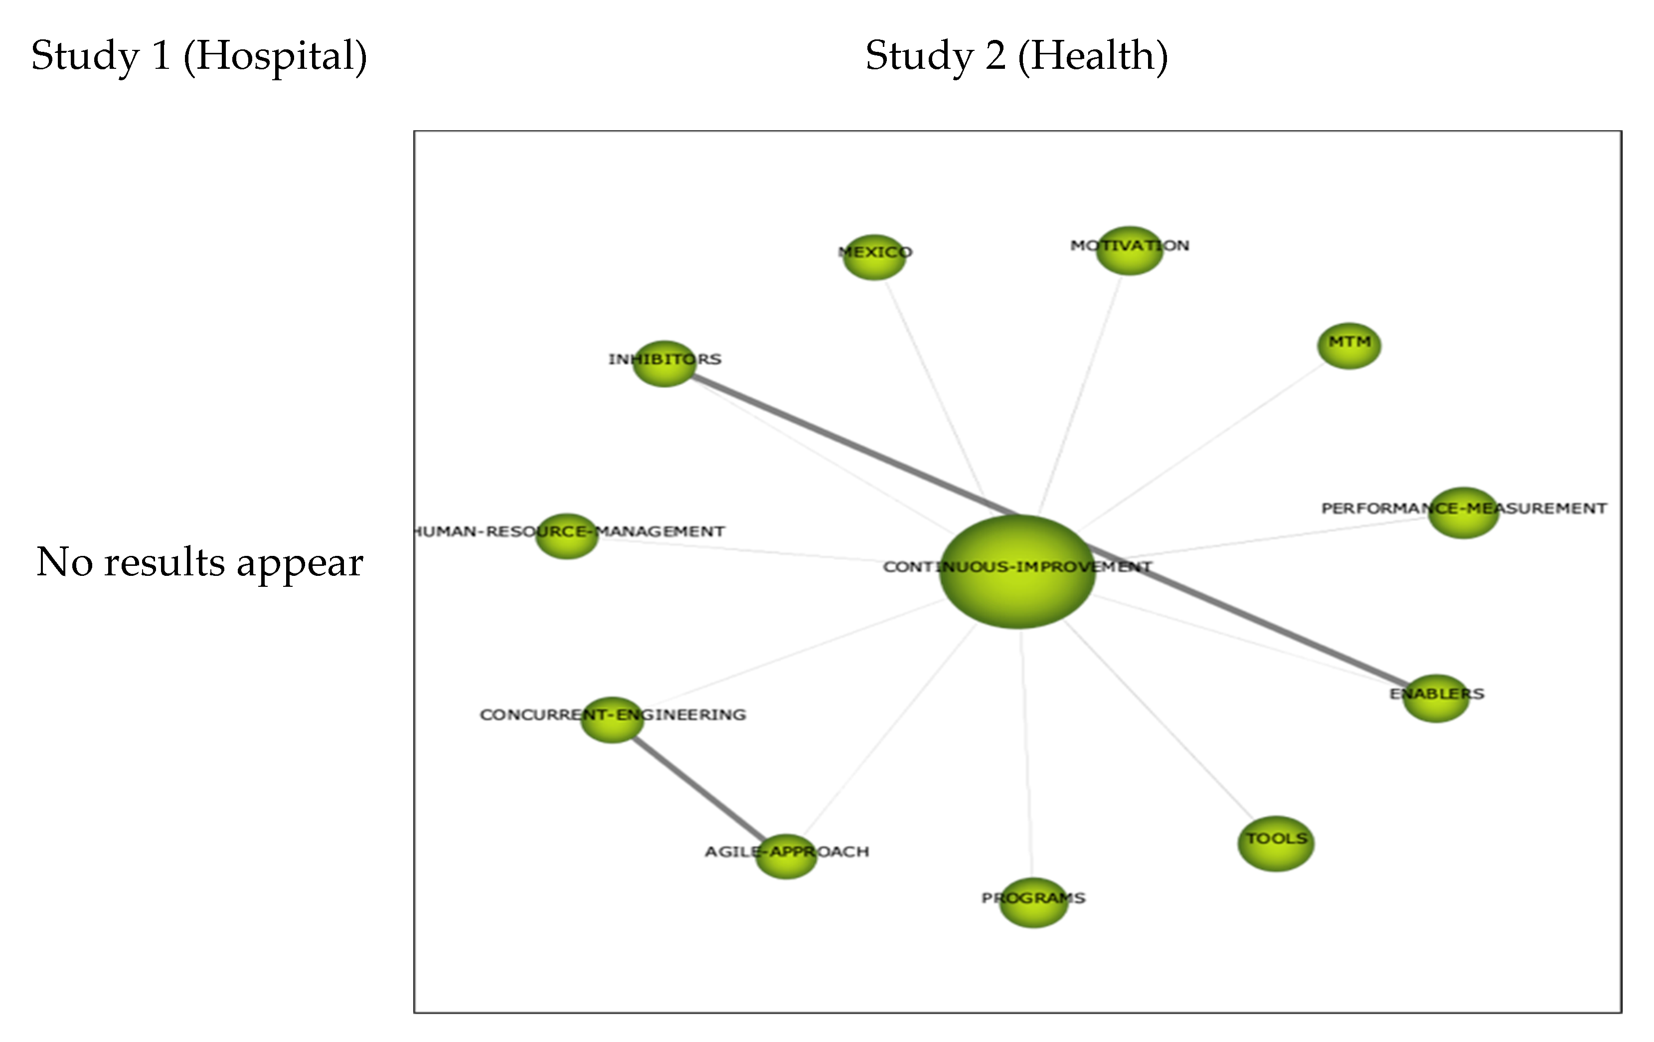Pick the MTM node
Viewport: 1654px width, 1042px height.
[x=1348, y=346]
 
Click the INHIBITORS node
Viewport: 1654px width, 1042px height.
[x=663, y=363]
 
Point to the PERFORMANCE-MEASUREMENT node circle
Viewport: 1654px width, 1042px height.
[x=1463, y=513]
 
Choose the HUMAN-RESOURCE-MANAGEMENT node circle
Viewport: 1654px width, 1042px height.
[x=567, y=536]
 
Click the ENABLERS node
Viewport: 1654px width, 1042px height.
[x=1436, y=698]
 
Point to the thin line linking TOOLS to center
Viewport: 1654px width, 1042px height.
[x=1161, y=721]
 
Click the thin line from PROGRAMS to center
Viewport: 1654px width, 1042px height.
[x=1026, y=755]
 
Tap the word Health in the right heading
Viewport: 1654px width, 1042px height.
[x=1092, y=56]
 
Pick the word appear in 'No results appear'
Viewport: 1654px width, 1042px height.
[x=300, y=563]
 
